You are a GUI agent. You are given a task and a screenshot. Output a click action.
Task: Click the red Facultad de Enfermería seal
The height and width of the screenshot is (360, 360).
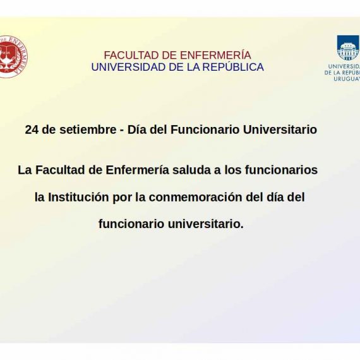13,57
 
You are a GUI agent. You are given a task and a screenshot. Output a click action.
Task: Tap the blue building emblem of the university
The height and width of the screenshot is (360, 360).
348,48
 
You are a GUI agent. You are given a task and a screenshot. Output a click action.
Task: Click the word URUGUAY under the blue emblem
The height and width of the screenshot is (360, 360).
347,79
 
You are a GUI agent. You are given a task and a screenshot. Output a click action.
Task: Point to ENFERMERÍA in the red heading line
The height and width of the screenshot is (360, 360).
215,55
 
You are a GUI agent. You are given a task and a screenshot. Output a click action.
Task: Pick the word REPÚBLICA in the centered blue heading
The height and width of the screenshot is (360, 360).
233,66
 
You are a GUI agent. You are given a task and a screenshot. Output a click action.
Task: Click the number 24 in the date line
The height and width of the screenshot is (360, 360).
32,129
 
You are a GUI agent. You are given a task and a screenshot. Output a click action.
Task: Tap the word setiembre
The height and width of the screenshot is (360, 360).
88,129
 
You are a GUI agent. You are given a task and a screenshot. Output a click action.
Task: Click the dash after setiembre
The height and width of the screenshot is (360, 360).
122,131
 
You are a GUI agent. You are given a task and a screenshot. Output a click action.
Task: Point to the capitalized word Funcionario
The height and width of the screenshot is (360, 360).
205,129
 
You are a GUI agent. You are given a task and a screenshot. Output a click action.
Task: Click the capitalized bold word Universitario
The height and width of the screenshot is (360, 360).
280,129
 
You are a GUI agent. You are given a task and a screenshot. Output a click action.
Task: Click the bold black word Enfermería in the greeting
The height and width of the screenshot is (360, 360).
137,170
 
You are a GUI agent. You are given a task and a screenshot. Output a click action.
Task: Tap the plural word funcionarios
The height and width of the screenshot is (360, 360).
281,170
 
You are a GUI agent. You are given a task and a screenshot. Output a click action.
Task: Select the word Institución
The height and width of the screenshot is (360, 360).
78,197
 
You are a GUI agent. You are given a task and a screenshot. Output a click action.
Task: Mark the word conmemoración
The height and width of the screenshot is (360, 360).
195,197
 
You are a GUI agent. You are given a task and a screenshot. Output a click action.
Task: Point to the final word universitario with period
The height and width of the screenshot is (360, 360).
206,224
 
